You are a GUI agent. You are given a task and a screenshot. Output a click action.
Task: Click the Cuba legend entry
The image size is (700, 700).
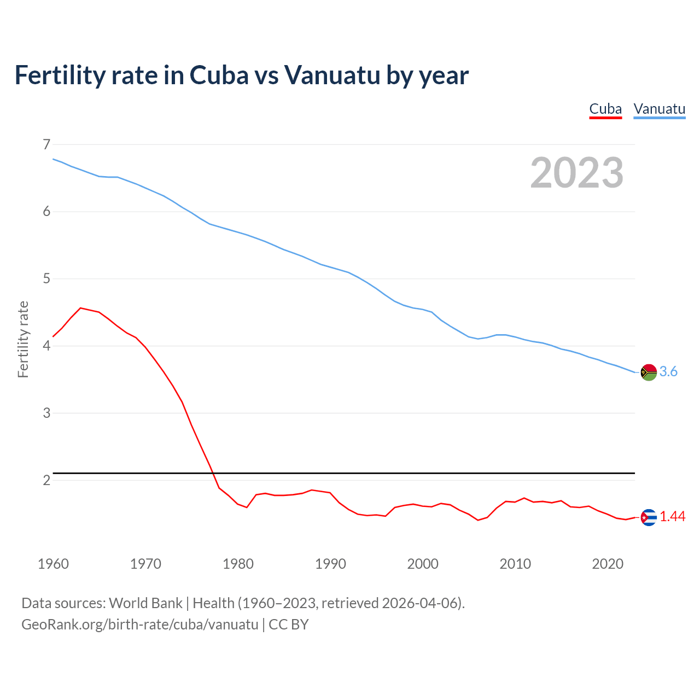click(605, 109)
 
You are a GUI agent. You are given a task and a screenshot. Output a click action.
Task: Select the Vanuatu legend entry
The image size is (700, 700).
click(659, 109)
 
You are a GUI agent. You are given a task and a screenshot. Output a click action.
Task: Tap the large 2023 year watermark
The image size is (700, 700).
click(576, 173)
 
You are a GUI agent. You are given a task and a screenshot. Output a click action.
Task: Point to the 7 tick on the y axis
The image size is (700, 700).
click(46, 144)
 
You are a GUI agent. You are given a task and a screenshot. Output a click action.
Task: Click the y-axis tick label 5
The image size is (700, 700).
click(46, 279)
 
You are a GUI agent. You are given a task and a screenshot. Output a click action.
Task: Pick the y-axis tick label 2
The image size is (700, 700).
click(46, 480)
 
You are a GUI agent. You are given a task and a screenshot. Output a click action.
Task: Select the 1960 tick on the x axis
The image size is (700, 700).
click(53, 564)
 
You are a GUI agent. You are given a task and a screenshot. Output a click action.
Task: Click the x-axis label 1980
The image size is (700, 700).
click(238, 564)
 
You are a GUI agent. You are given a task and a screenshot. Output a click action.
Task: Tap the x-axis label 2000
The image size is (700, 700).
click(423, 564)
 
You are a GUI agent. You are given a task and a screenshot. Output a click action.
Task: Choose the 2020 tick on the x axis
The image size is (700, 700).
click(608, 564)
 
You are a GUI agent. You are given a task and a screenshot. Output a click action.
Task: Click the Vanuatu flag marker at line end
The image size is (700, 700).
click(649, 372)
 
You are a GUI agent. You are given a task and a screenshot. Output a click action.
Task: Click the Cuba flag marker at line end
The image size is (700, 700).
click(649, 517)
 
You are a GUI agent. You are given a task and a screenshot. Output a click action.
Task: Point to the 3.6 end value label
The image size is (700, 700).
click(668, 372)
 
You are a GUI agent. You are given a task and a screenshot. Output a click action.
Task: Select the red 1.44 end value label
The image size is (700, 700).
click(673, 517)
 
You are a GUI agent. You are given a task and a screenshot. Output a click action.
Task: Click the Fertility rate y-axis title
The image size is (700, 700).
click(23, 339)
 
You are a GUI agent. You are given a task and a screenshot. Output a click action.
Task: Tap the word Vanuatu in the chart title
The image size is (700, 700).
click(332, 75)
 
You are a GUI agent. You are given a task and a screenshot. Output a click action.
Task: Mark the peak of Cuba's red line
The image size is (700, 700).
click(81, 308)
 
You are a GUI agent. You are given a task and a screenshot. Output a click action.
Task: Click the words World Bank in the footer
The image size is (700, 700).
click(145, 603)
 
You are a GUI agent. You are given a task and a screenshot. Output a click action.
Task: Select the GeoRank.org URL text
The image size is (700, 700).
click(139, 625)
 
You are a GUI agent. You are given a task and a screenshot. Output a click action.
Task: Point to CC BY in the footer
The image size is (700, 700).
click(289, 625)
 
